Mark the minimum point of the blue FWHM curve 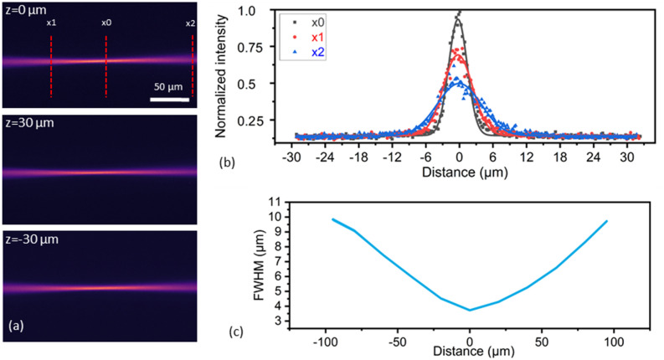(470, 310)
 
